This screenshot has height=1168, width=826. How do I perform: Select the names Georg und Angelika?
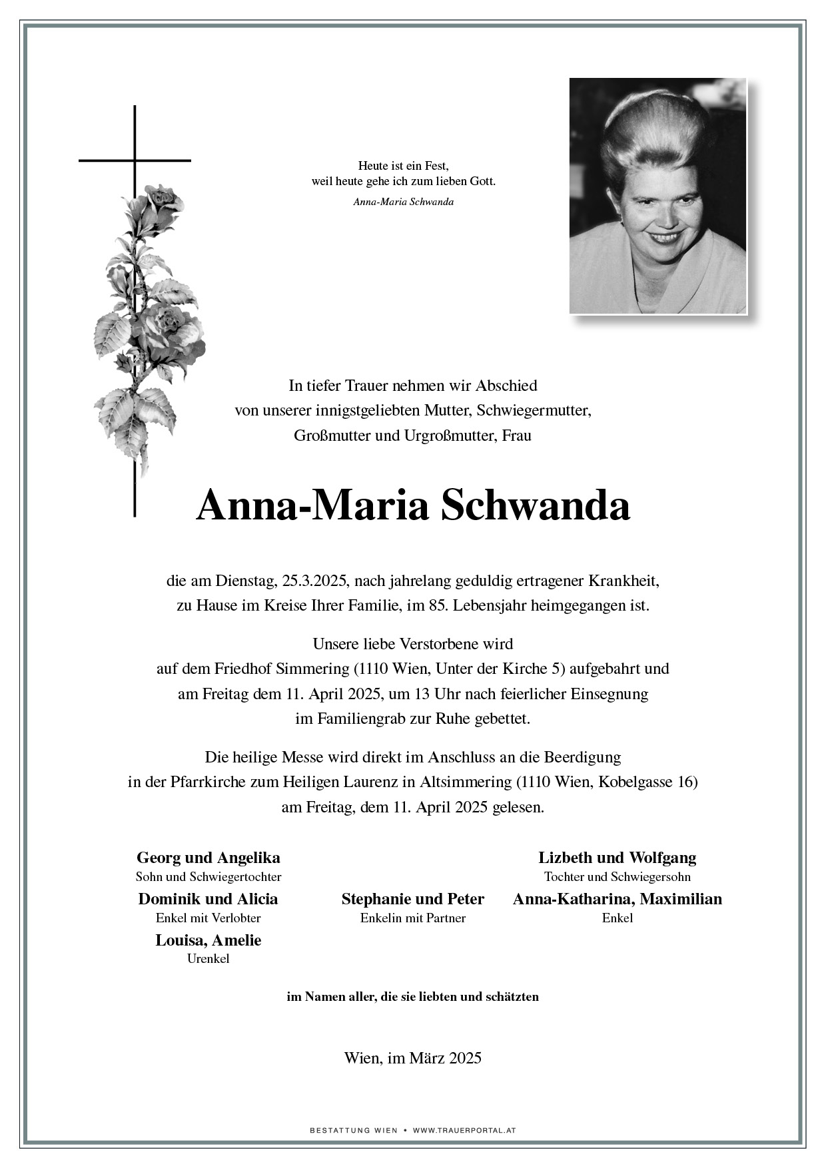pos(208,858)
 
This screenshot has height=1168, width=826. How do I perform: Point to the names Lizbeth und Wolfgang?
pos(617,858)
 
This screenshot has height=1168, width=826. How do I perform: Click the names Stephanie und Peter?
pos(412,899)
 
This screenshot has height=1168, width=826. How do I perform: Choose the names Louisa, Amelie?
pos(208,940)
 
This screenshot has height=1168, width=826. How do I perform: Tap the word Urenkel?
pos(208,959)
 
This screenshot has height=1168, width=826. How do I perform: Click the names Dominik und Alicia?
pos(208,899)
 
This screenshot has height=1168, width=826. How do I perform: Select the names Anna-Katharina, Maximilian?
pos(617,899)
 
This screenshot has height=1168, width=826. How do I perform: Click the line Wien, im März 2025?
pos(412,1057)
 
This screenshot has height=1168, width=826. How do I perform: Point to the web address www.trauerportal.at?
pos(464,1130)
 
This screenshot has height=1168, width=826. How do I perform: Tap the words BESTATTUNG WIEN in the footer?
pos(354,1130)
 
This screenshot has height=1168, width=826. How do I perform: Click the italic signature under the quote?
pos(403,202)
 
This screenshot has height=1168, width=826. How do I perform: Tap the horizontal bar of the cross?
pos(107,160)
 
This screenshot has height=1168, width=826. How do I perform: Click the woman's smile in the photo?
pos(665,236)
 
